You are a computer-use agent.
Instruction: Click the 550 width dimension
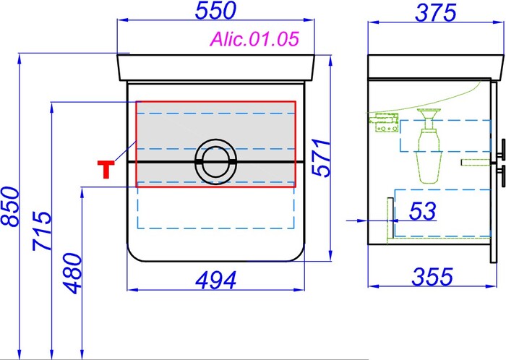point(215,10)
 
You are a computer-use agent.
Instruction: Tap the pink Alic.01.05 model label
point(254,39)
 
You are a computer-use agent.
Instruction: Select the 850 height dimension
point(11,207)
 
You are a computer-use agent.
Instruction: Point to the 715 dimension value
point(42,231)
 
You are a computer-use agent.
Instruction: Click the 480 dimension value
point(72,273)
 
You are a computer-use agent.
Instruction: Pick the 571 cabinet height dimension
point(322,158)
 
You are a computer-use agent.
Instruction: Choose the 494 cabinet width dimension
point(216,280)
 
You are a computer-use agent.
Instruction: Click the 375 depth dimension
point(435,13)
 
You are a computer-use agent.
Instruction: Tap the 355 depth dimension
point(432,277)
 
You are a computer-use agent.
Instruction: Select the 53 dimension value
point(422,211)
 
